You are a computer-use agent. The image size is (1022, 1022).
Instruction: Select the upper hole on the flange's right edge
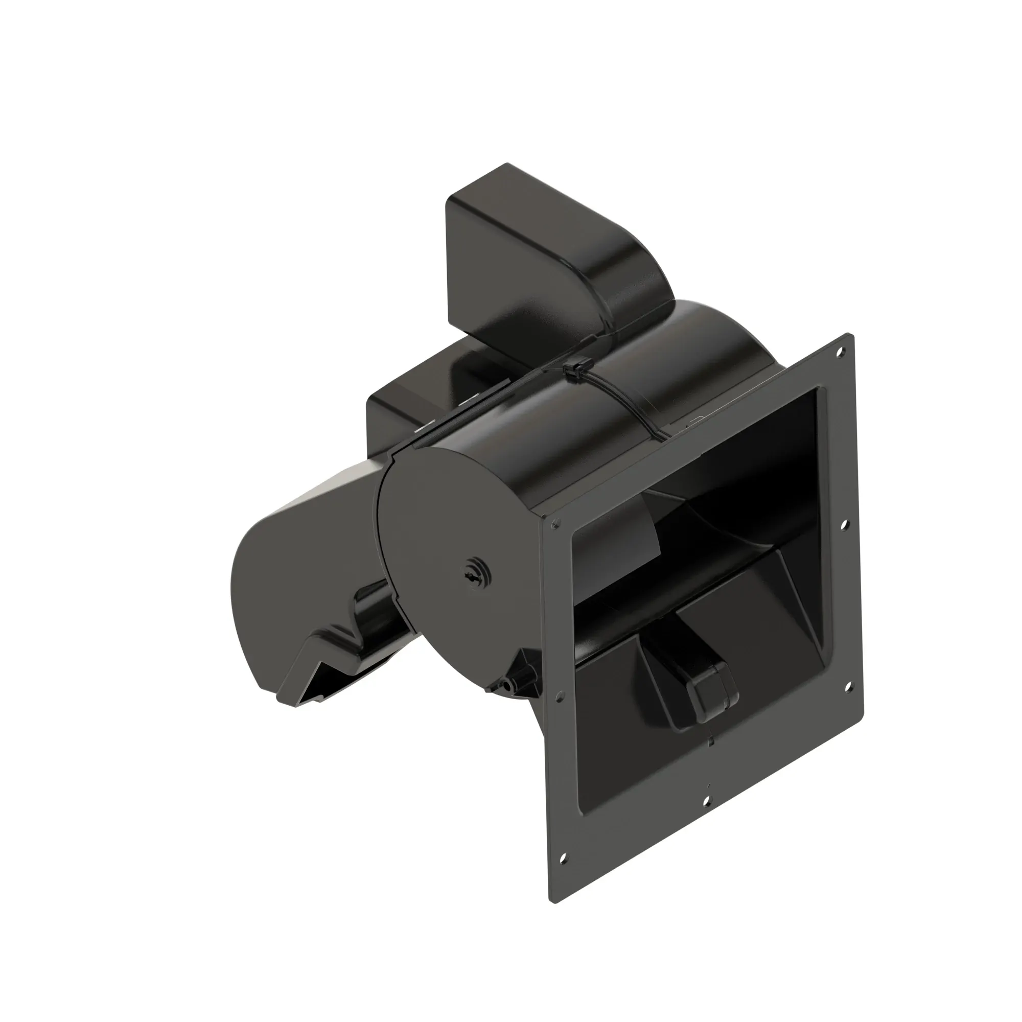(x=845, y=525)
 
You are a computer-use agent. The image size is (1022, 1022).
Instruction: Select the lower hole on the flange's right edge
(x=848, y=687)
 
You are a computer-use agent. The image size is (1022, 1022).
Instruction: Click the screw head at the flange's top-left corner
(x=555, y=524)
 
